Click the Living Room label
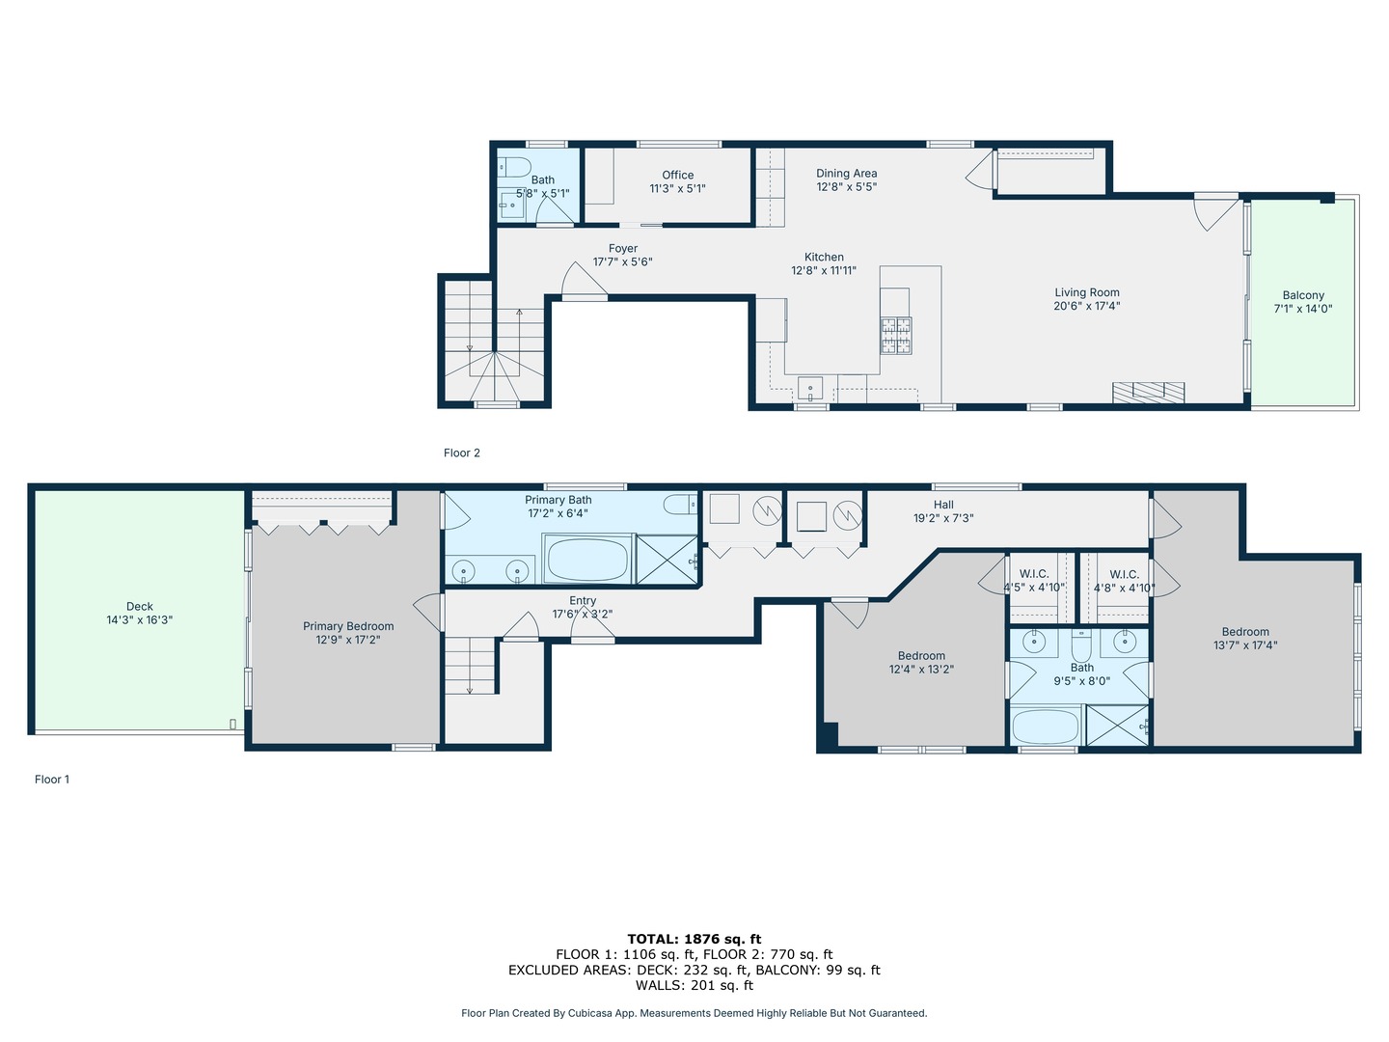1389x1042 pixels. point(1086,292)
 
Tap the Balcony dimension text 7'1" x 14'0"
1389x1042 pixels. point(1303,309)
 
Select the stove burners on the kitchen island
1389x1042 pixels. point(896,336)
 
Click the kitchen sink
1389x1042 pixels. point(810,388)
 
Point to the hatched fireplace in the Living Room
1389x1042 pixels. point(1149,393)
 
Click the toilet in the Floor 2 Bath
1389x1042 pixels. point(514,168)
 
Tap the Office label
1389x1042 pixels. point(678,176)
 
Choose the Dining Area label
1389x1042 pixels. point(846,174)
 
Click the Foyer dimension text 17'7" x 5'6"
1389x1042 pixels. point(623,261)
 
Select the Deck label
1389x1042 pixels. point(139,607)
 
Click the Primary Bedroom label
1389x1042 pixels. point(348,626)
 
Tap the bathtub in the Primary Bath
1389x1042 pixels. point(587,560)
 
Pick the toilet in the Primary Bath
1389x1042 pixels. point(680,505)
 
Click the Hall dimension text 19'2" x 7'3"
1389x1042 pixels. point(942,518)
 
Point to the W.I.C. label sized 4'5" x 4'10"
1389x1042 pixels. point(1034,574)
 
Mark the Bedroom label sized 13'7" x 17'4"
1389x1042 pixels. point(1245,632)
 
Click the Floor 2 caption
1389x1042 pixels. point(462,453)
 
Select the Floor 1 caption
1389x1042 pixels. point(52,780)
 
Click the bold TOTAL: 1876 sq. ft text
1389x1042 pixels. point(694,939)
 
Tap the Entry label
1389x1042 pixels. point(583,601)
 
